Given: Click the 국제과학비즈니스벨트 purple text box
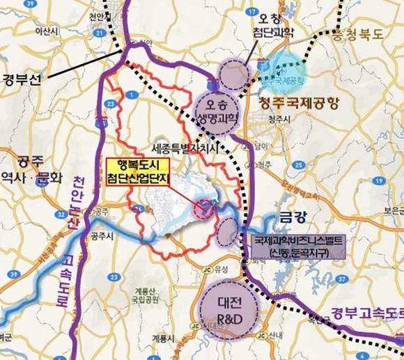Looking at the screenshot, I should tap(291, 245).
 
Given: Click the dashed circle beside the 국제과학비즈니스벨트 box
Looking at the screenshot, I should tap(228, 233).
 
